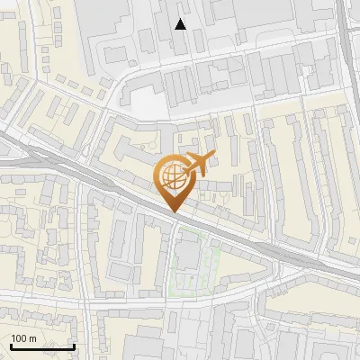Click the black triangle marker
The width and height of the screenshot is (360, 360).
click(x=181, y=24)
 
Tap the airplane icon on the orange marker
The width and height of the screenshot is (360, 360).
click(x=198, y=164)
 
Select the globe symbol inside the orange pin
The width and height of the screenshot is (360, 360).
click(x=173, y=175)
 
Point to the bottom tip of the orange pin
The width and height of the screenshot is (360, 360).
click(x=173, y=212)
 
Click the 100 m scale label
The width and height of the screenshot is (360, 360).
click(x=24, y=338)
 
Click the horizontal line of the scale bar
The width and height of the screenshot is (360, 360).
click(x=42, y=346)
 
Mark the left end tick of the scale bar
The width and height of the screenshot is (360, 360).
click(x=11, y=345)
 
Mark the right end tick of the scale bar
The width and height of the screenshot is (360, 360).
click(x=74, y=345)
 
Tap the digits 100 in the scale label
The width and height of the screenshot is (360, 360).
click(x=20, y=338)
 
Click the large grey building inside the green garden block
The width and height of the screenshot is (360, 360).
click(x=189, y=255)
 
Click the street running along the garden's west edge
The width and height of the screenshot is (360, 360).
click(x=168, y=261)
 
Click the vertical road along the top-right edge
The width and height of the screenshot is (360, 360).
click(x=348, y=45)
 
